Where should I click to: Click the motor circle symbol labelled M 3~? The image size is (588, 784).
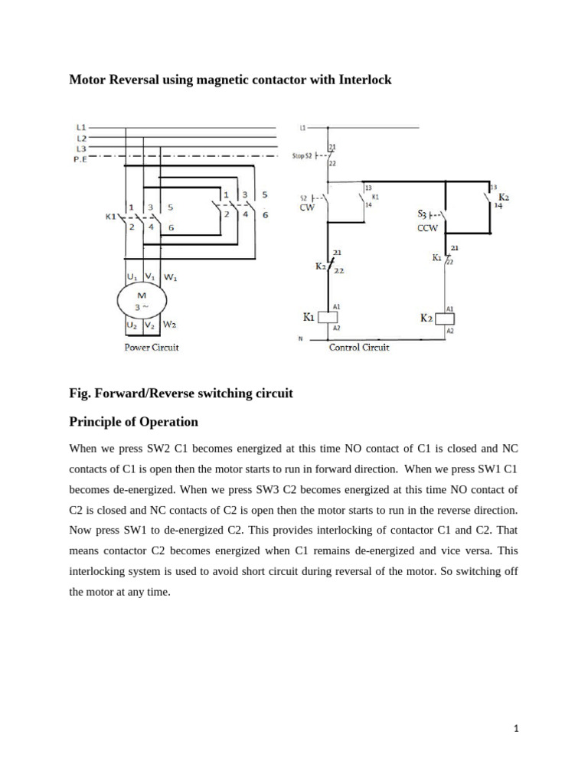[x=140, y=301]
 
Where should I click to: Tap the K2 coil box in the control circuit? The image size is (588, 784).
[x=446, y=318]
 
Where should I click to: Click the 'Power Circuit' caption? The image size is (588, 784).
[x=152, y=347]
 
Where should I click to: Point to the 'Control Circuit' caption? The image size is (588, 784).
[x=359, y=347]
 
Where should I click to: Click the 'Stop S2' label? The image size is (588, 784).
[x=302, y=156]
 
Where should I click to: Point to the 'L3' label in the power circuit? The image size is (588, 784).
[x=82, y=148]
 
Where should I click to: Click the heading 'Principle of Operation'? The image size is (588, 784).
[x=134, y=422]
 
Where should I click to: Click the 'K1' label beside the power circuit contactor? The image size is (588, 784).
[x=110, y=217]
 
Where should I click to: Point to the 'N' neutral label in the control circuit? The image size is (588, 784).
[x=302, y=338]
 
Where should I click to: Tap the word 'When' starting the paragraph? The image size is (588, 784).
[x=84, y=448]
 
